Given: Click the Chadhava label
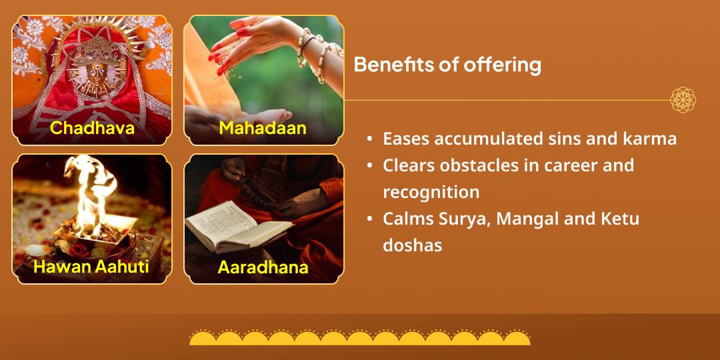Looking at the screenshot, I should point(92,127).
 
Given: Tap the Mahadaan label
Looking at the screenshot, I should point(263,127).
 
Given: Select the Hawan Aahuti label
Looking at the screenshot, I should point(92,267).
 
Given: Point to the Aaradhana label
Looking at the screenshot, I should point(263,267).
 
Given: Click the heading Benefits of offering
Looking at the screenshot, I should point(447,65).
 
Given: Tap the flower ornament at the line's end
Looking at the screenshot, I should point(683,100).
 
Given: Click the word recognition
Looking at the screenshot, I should point(431,192).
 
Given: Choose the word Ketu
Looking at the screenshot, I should point(619,219).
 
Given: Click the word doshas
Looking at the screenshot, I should point(412,245).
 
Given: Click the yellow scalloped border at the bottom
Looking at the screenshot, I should point(360,338).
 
